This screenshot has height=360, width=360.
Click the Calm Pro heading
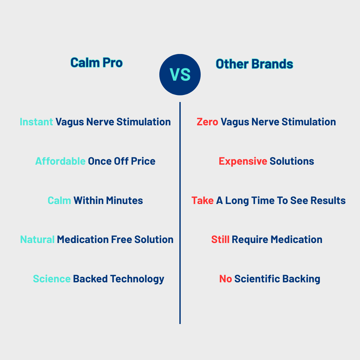[x=96, y=62]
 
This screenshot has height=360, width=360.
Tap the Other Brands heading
[x=254, y=64]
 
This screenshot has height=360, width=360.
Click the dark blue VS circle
[x=180, y=75]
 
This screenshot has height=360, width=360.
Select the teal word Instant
[x=36, y=122]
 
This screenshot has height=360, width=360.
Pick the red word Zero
[x=207, y=122]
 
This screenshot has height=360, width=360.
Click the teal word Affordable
[x=60, y=161]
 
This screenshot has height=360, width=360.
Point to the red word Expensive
[x=243, y=161]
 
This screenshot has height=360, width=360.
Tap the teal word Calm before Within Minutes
[x=59, y=201]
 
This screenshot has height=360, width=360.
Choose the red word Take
[x=202, y=201]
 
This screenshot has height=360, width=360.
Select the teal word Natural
[x=37, y=240]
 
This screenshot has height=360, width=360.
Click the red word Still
[x=220, y=240]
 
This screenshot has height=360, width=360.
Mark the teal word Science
[x=52, y=279]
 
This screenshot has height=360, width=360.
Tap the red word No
[x=225, y=279]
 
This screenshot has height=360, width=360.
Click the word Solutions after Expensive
[x=292, y=161]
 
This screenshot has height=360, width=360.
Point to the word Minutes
[x=124, y=201]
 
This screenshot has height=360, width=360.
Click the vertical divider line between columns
[x=180, y=213]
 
